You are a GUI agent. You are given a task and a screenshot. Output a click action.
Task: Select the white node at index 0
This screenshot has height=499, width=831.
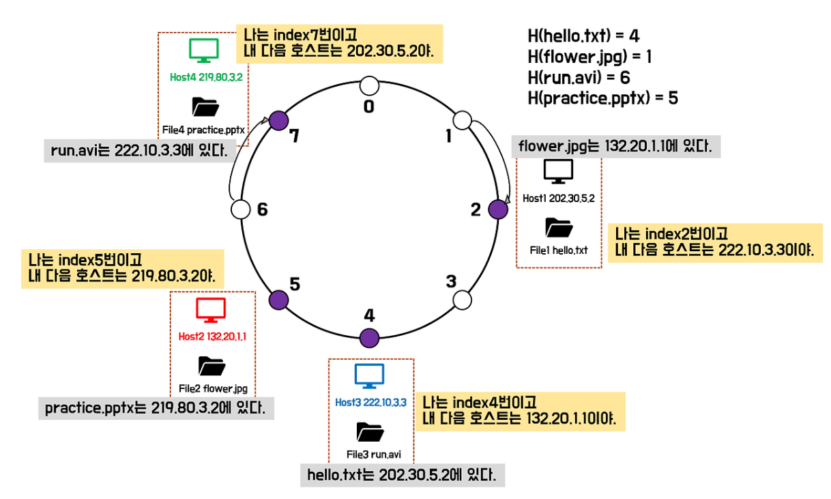point(369,85)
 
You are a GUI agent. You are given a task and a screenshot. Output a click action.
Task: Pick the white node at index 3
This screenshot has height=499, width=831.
point(463,300)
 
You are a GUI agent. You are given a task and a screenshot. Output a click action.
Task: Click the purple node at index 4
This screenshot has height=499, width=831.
point(369,337)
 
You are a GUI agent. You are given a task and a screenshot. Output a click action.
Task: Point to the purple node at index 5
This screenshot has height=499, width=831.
point(278,300)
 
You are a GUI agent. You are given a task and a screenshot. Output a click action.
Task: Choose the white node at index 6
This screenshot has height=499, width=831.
point(241,210)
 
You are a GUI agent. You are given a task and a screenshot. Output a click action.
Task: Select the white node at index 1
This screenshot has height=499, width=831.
point(463,121)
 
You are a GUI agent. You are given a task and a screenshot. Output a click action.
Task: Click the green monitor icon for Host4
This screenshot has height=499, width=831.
point(203,50)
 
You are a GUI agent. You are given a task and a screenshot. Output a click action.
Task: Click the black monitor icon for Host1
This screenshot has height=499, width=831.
point(558,171)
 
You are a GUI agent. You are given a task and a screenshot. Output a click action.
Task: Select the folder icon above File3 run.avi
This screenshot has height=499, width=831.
point(370,431)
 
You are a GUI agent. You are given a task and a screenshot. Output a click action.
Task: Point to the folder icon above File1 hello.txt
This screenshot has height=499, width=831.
point(559,227)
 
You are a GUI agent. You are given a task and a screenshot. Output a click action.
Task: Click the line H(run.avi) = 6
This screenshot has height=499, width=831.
point(579,77)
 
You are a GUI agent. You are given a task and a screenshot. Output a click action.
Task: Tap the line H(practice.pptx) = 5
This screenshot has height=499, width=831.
point(602,98)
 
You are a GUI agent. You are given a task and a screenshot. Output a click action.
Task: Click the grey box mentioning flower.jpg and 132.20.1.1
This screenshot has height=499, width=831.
point(615,146)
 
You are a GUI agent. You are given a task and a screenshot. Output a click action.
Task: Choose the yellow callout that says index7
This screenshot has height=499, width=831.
point(339,44)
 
